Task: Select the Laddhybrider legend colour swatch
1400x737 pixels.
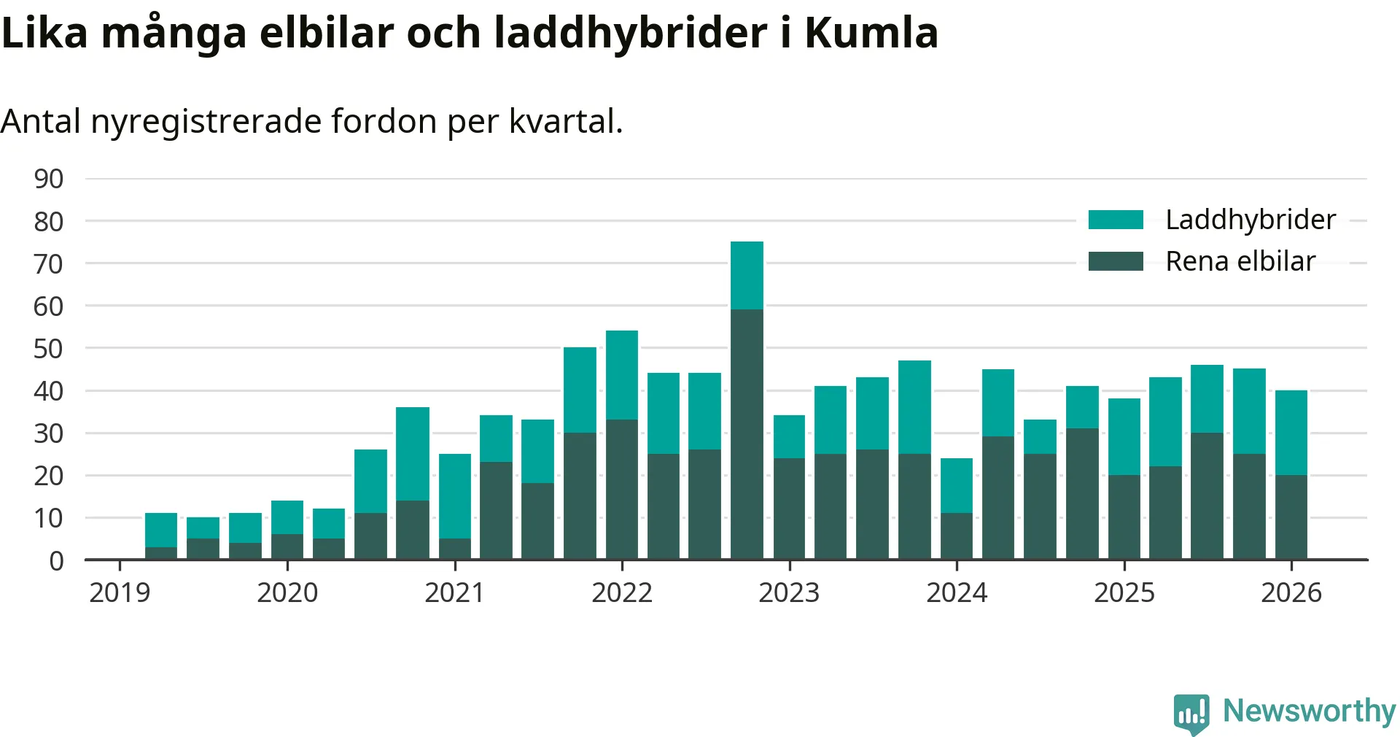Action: [1115, 220]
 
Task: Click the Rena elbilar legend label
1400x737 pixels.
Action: [1240, 261]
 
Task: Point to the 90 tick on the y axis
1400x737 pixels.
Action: [49, 179]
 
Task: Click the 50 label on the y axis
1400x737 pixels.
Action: [49, 349]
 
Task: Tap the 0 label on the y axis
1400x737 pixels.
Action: [56, 561]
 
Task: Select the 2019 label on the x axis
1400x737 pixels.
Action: [120, 593]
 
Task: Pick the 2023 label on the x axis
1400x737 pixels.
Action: [789, 593]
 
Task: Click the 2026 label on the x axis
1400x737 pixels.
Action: [1291, 593]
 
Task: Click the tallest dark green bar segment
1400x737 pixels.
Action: [747, 434]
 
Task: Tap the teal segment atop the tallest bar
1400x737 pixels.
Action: [747, 275]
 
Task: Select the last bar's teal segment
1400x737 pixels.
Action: [1291, 433]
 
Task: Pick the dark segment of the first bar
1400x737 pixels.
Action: [161, 553]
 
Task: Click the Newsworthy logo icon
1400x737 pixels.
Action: [1191, 713]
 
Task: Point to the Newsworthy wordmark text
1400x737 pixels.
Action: [1309, 711]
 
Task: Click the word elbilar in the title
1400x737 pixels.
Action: [326, 33]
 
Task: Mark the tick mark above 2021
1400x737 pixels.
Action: [455, 566]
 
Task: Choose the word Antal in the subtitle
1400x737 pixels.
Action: [41, 121]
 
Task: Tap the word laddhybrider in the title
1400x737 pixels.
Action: [630, 33]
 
